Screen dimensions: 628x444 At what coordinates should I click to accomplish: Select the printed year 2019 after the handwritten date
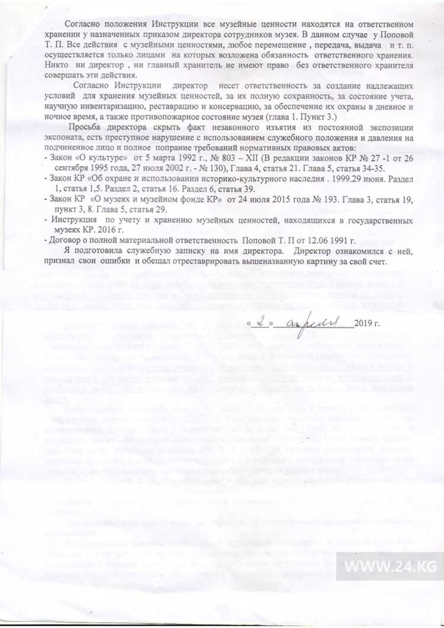pyautogui.click(x=366, y=324)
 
